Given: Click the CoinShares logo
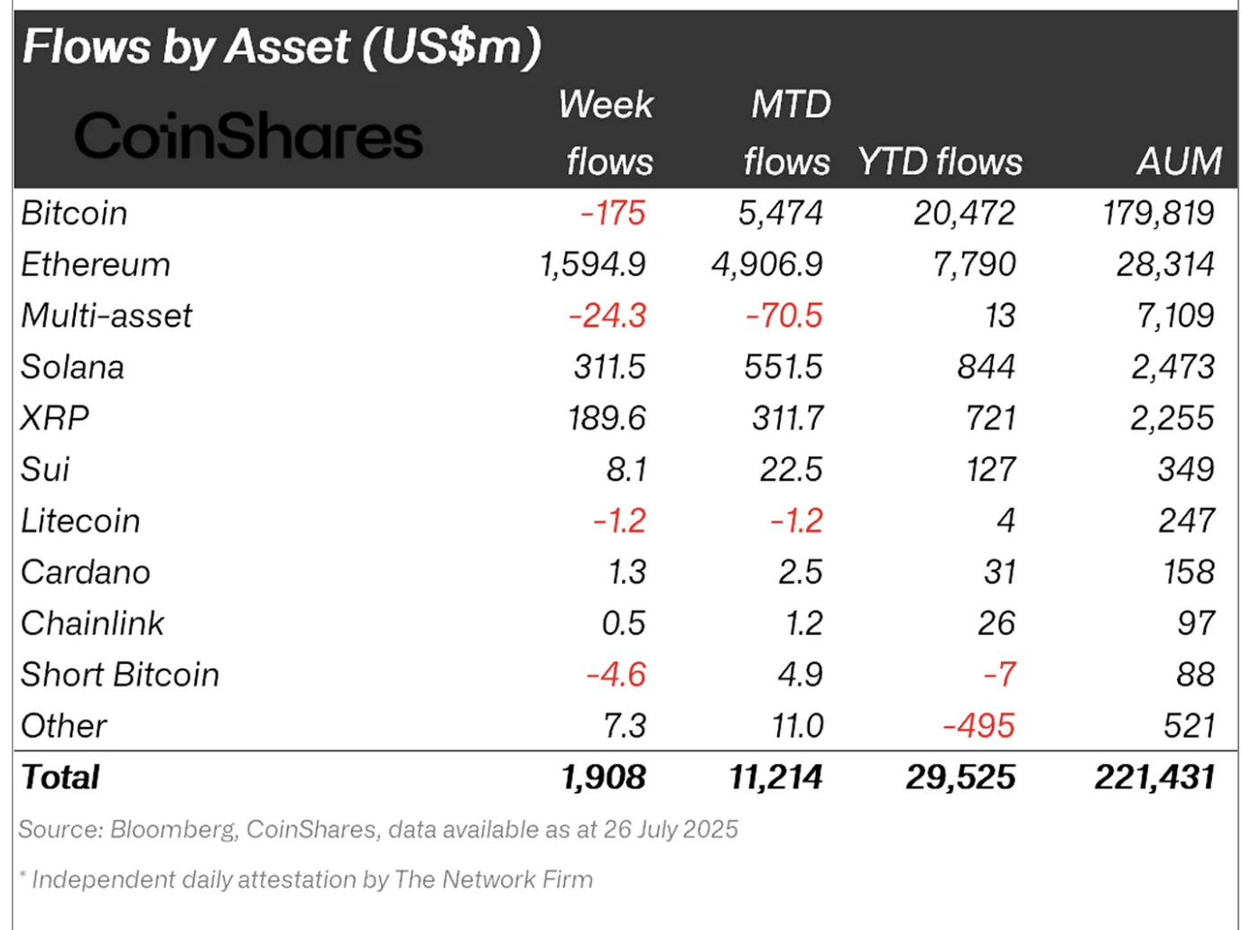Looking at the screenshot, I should coord(248,136).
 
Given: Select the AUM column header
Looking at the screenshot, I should coord(1178,161).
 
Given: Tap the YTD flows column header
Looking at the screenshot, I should coord(940,161).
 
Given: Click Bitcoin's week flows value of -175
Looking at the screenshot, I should coord(613,213).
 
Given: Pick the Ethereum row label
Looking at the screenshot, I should coord(96,264).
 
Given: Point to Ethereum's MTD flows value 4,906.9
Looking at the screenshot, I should coord(767,264).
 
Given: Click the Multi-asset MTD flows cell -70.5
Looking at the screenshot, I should coord(783,316).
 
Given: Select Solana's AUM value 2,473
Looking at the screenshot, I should coord(1172,367).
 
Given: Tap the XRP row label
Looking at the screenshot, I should coord(55,419).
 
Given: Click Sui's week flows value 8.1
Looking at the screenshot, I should coord(626,470).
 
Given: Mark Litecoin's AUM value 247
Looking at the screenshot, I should coord(1187,521).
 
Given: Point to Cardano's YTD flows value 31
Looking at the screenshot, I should coord(999,572).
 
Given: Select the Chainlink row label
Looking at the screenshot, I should coord(93,623).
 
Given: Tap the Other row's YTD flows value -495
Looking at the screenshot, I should coord(978,726).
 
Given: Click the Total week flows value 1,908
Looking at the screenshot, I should coord(603,778).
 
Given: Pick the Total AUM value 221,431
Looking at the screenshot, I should coord(1154,778).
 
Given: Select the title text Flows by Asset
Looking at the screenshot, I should coord(186,47).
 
